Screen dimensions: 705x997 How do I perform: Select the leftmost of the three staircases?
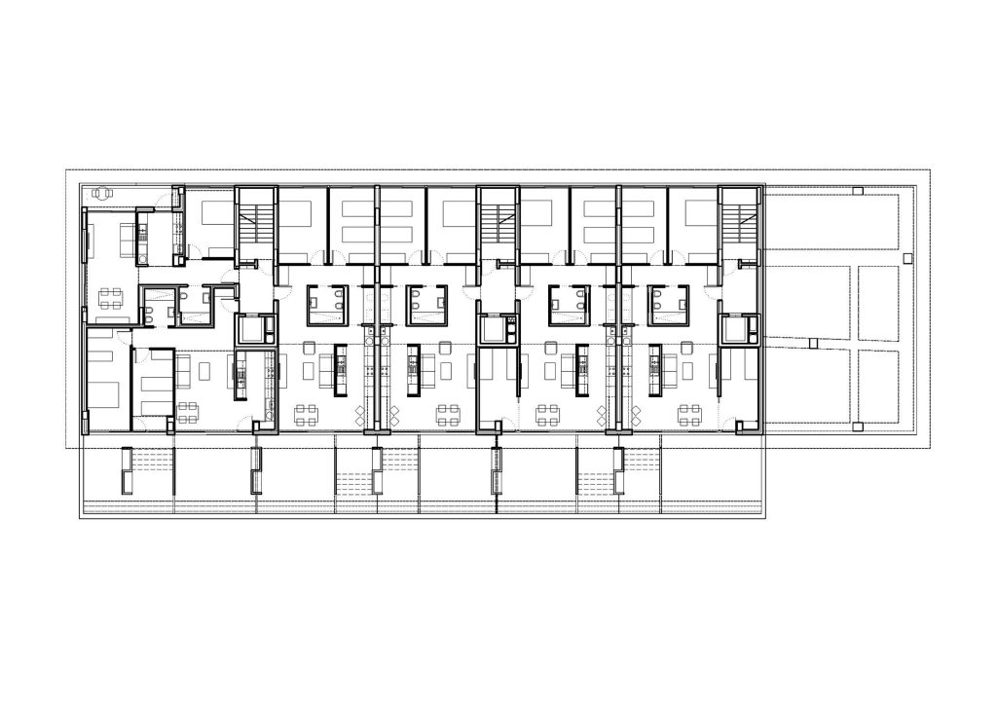[x=257, y=224]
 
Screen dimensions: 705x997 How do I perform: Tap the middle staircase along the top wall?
[x=497, y=224]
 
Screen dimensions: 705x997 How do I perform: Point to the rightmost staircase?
[x=738, y=224]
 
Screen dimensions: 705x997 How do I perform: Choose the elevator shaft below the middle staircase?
[x=497, y=329]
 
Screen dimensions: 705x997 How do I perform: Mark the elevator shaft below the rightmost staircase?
[x=738, y=329]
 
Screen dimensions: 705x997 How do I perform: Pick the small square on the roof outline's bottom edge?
[x=855, y=427]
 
